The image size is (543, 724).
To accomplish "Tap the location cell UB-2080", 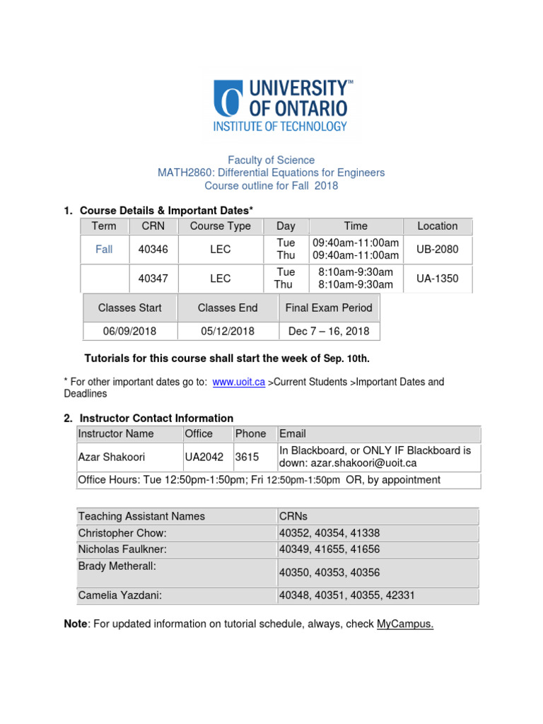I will [x=437, y=249].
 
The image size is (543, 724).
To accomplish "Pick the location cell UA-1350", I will [x=437, y=279].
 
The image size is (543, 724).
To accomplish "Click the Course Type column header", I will [x=220, y=226].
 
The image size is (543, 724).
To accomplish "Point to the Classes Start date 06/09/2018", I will [x=129, y=331].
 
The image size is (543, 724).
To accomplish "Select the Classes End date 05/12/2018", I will [x=228, y=331].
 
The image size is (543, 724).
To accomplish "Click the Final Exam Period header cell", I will [x=328, y=308].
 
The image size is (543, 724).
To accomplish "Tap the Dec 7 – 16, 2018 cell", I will [x=328, y=331].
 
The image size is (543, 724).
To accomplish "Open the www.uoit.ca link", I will [x=238, y=382].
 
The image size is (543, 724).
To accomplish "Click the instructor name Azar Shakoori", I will [x=111, y=457].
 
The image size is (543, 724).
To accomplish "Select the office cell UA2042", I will [x=204, y=457].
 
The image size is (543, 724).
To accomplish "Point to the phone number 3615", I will [x=247, y=457].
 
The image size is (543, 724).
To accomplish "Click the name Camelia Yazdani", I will [x=119, y=595].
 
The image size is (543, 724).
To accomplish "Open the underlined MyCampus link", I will [x=404, y=624].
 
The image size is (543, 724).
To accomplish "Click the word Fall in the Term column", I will [x=104, y=249].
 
